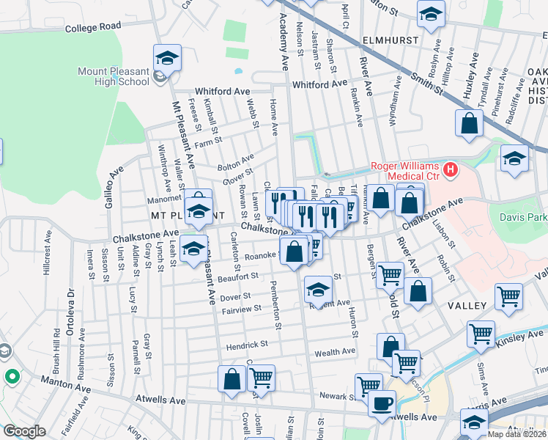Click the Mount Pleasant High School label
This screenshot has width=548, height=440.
pyautogui.click(x=114, y=76)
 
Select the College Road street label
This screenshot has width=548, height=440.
pyautogui.click(x=92, y=27)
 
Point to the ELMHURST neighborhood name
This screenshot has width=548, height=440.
pyautogui.click(x=389, y=40)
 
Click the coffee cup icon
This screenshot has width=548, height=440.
pyautogui.click(x=381, y=403)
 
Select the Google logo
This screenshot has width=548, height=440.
pyautogui.click(x=24, y=431)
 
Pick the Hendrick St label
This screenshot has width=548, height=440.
pyautogui.click(x=247, y=343)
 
